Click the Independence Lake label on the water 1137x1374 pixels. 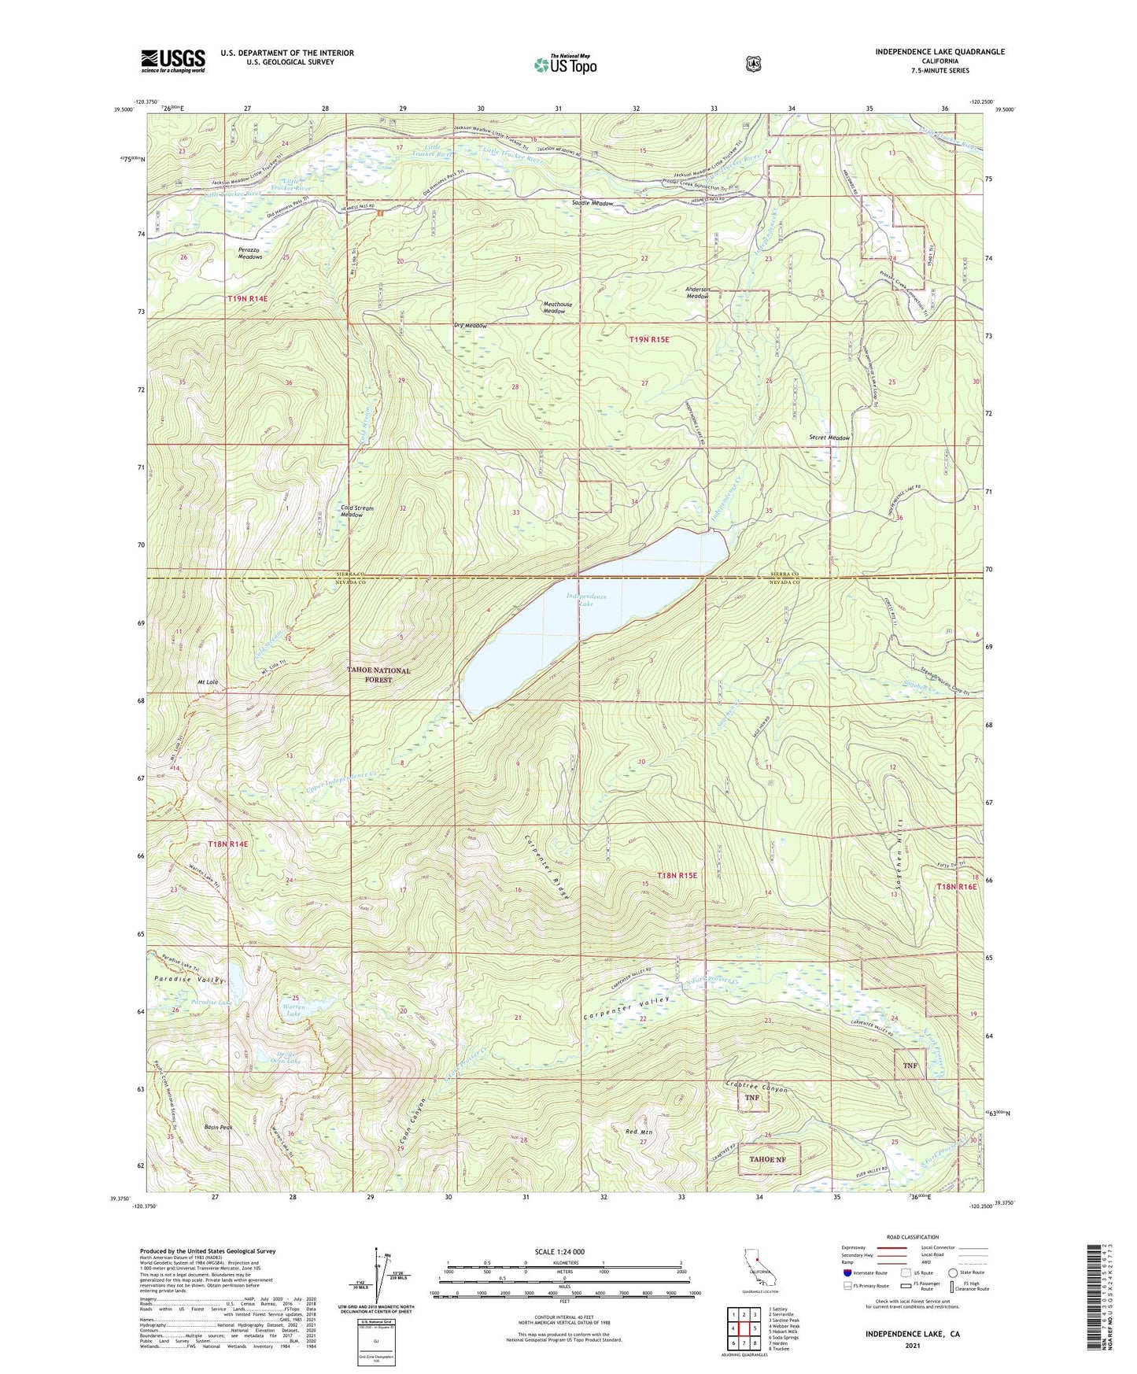click(586, 600)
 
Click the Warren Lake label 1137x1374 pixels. click(293, 1010)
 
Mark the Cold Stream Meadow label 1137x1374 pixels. click(357, 512)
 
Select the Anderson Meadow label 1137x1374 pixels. click(698, 293)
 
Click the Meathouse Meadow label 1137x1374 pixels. click(554, 308)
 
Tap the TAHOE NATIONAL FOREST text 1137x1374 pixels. click(379, 675)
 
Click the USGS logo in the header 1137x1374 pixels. click(173, 61)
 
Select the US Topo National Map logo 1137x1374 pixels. click(564, 64)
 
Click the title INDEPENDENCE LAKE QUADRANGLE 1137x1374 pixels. click(940, 52)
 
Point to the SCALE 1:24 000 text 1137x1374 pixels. click(559, 1252)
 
